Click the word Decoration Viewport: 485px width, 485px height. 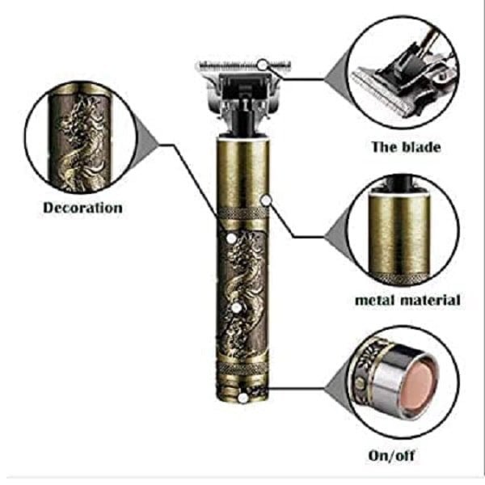pyautogui.click(x=82, y=208)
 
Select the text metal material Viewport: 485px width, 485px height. pyautogui.click(x=407, y=300)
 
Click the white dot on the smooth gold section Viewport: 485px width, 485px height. pyautogui.click(x=267, y=199)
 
